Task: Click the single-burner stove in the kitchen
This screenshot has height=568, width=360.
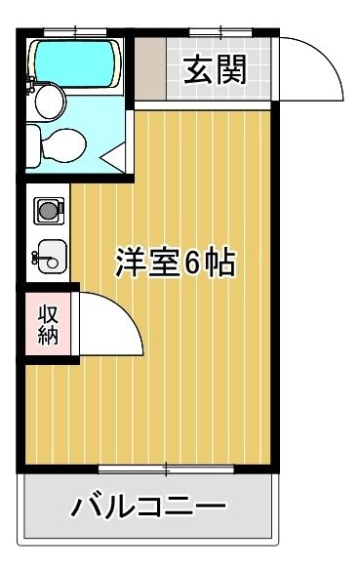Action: pos(47,208)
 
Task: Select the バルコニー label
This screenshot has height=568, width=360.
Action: pos(149,507)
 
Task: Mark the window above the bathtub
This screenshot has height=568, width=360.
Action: pos(73,32)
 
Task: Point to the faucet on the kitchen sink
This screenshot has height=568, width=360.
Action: pos(37,259)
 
